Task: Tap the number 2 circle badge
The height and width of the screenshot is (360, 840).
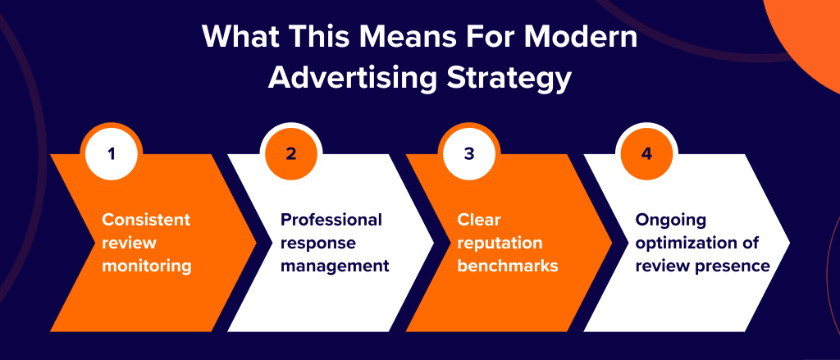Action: tap(290, 153)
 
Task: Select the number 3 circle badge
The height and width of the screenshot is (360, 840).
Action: tap(468, 153)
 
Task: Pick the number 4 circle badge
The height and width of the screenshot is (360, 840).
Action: tap(646, 153)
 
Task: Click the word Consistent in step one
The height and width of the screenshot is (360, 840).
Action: tap(146, 220)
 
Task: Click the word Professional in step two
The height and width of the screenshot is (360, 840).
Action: tap(331, 220)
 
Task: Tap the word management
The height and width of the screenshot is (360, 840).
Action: tap(335, 266)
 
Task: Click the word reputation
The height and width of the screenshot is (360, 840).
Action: tap(500, 243)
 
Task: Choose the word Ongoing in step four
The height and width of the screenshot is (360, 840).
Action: tap(669, 220)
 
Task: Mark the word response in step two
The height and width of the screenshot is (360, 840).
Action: tap(313, 243)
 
